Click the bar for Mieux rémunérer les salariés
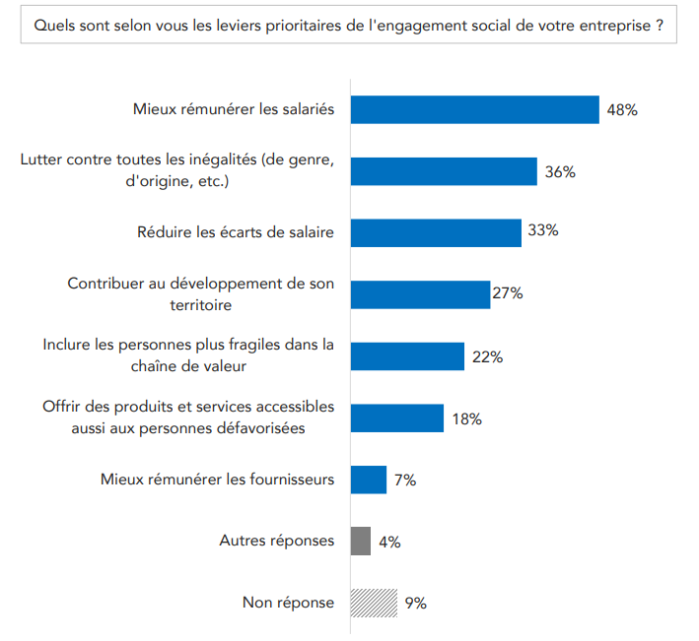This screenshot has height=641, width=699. click(475, 109)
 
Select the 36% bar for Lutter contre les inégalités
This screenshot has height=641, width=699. click(444, 171)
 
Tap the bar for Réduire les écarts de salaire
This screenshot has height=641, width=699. click(436, 232)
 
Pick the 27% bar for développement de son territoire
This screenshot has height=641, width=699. click(420, 294)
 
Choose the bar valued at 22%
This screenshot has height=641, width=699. click(407, 356)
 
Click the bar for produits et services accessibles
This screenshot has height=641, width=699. click(397, 418)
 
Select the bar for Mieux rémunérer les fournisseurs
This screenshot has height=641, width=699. click(369, 480)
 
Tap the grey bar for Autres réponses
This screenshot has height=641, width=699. click(361, 541)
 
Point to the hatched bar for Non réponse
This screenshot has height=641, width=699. click(374, 603)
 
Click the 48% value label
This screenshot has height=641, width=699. click(622, 110)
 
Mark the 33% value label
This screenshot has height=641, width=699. click(543, 231)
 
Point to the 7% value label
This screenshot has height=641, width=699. click(404, 481)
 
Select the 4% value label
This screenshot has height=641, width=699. click(388, 542)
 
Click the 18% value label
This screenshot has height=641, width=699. click(466, 418)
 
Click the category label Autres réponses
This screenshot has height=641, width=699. click(276, 541)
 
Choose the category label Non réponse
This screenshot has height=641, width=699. click(288, 603)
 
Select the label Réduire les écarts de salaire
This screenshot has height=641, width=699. click(236, 232)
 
